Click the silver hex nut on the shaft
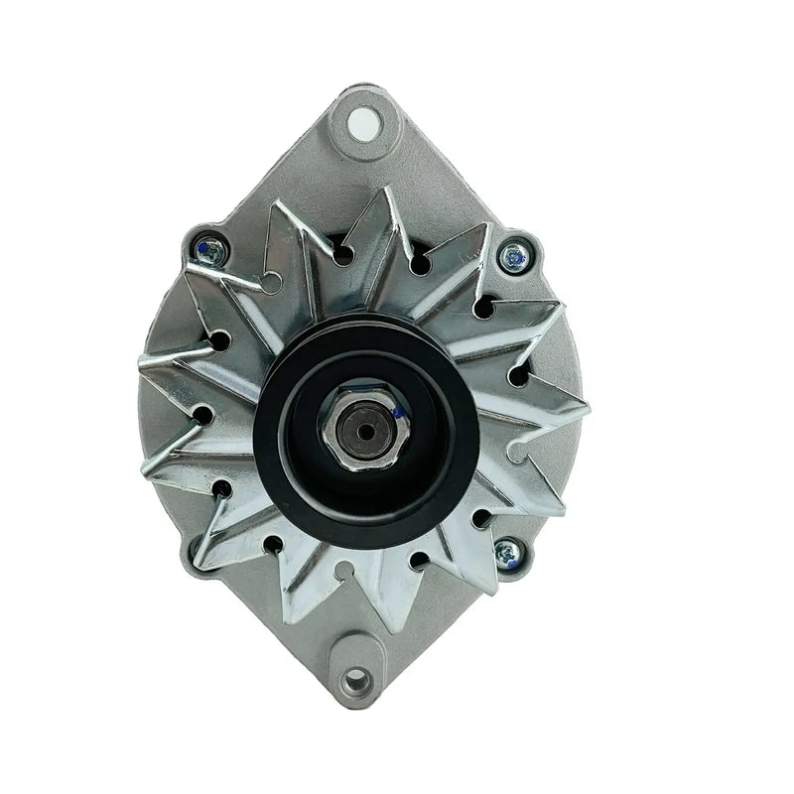[x=359, y=421]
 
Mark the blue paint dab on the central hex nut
[x=394, y=412]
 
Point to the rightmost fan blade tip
[x=588, y=408]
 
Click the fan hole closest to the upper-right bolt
[x=483, y=308]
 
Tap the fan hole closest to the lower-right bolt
[x=481, y=517]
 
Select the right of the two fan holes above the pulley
[x=418, y=264]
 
